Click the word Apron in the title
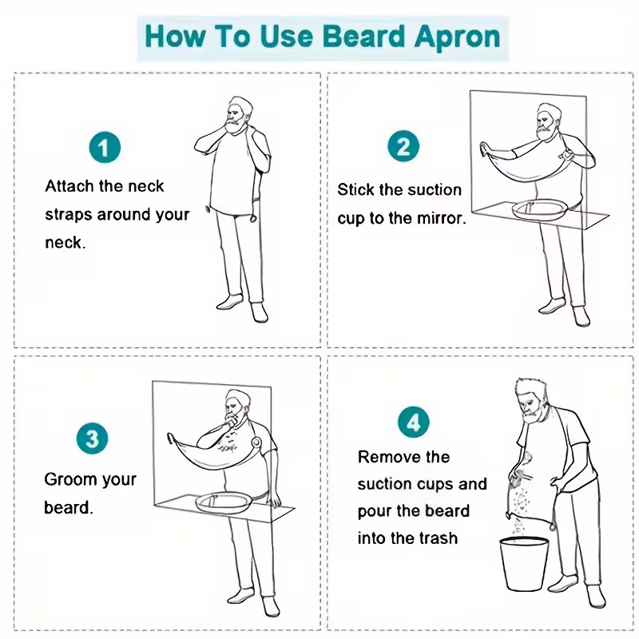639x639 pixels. click(457, 38)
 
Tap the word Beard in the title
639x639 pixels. click(365, 36)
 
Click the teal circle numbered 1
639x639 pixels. click(105, 147)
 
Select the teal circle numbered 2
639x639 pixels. click(403, 146)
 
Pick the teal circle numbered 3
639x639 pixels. click(93, 439)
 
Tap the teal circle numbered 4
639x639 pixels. click(414, 423)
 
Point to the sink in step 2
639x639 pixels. click(540, 209)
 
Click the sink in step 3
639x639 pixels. click(224, 502)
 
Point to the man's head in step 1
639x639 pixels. click(238, 115)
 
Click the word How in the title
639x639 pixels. click(175, 36)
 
